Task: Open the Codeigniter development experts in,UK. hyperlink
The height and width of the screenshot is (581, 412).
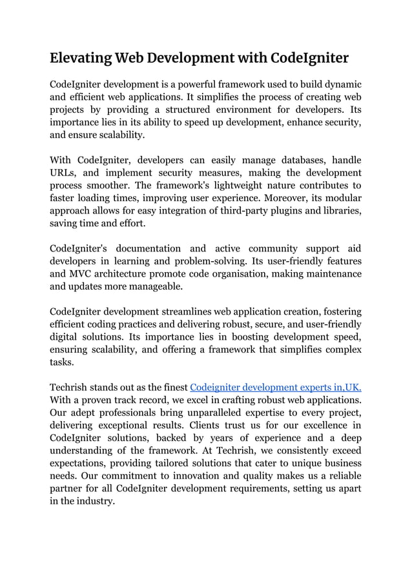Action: (x=276, y=388)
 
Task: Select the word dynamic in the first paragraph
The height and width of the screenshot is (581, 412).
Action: (x=342, y=84)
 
